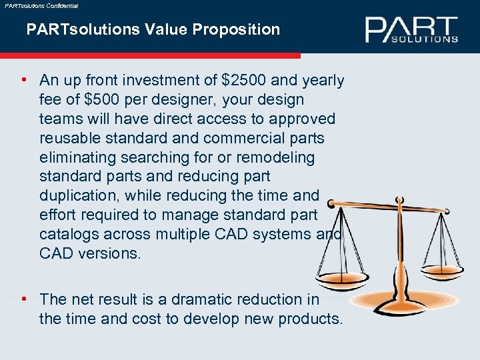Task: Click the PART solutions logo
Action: coord(411,29)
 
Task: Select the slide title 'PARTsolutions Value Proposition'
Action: coord(153,29)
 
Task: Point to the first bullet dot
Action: coord(24,81)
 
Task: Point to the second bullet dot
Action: coord(24,299)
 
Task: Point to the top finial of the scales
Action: coord(399,197)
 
